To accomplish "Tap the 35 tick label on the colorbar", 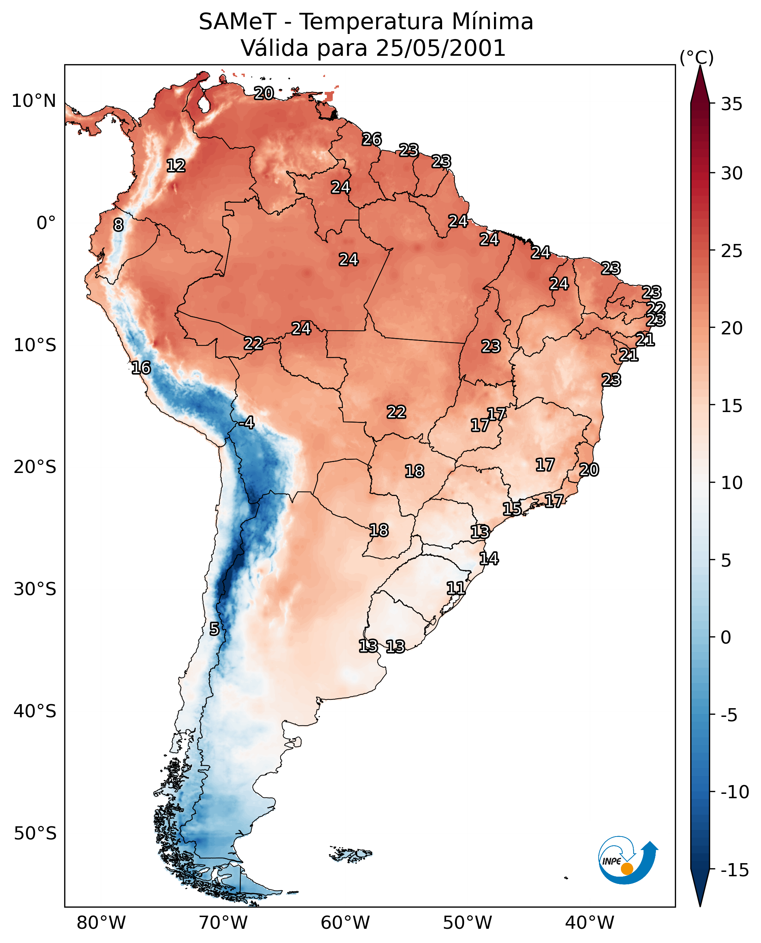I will click(731, 104).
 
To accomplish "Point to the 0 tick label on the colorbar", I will click(726, 637).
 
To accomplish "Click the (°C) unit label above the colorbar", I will click(696, 57).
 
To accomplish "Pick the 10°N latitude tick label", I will click(34, 101).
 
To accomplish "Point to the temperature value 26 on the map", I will click(372, 139).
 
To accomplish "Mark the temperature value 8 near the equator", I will click(118, 225).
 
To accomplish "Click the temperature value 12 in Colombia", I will click(176, 166).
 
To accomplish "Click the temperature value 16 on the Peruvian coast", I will click(141, 368).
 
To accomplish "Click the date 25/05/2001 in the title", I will click(441, 48).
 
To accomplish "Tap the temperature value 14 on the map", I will click(489, 559).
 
